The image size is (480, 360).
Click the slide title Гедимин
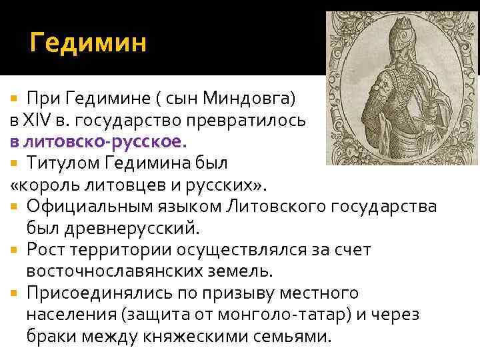click(x=87, y=45)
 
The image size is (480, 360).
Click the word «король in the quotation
click(x=43, y=185)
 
